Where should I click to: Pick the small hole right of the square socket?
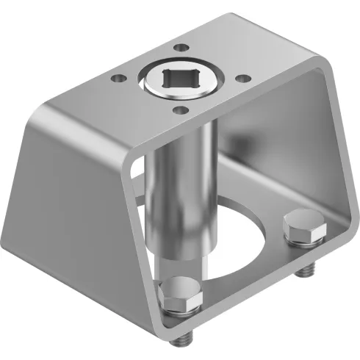pos(238,76)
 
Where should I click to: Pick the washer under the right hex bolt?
pos(306,242)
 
